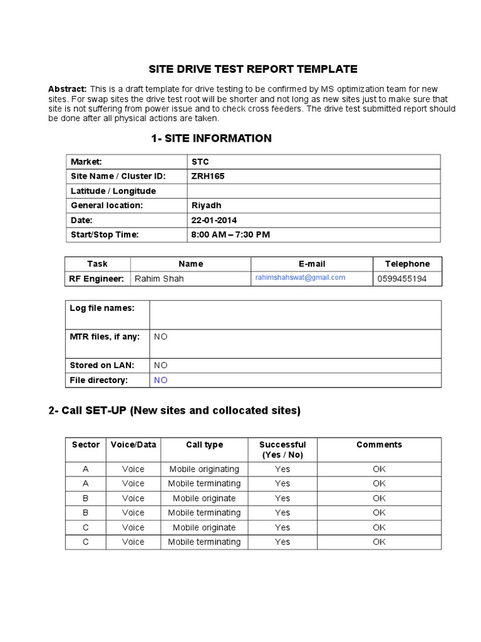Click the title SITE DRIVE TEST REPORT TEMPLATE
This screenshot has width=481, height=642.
click(x=252, y=69)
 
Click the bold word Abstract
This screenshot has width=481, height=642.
click(x=68, y=89)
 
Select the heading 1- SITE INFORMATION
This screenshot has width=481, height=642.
click(x=211, y=139)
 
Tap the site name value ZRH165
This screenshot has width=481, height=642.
click(x=207, y=176)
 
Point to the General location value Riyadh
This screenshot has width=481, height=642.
click(x=206, y=205)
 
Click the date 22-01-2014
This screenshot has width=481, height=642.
click(x=214, y=220)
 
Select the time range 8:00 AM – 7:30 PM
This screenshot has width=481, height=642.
click(x=230, y=234)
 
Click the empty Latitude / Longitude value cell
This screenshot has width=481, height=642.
click(x=313, y=191)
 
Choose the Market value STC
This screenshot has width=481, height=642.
click(x=200, y=162)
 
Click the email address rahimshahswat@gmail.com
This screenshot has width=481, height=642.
click(x=300, y=278)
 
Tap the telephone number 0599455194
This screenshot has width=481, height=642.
click(x=401, y=278)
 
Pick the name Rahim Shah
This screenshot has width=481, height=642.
click(x=159, y=278)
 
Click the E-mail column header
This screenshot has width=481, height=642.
click(x=312, y=264)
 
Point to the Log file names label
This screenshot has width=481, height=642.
click(x=101, y=307)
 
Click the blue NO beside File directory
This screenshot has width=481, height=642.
click(x=161, y=380)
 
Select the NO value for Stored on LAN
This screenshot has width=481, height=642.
click(x=161, y=365)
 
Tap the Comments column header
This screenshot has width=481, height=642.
click(x=379, y=445)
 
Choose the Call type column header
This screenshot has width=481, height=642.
click(x=204, y=445)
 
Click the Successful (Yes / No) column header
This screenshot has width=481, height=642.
click(x=282, y=450)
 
